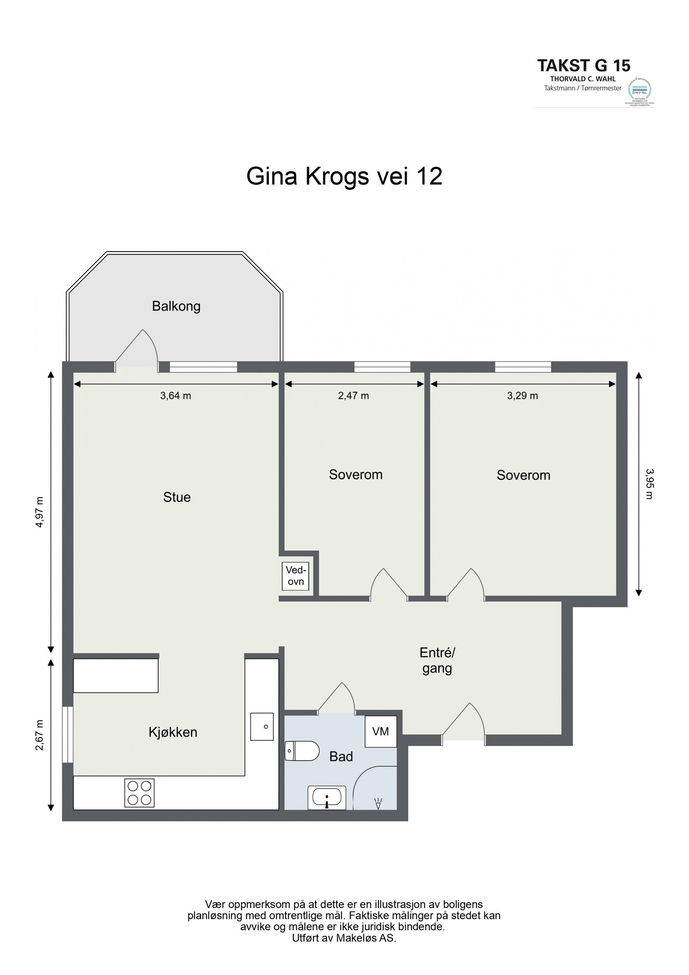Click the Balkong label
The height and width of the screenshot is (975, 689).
pos(176,306)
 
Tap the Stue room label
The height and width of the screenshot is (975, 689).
pos(177,497)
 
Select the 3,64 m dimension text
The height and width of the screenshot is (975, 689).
pos(176,396)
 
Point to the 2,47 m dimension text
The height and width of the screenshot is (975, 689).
pos(354,396)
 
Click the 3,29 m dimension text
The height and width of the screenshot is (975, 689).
pos(522,396)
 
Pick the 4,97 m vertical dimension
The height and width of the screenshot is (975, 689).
pos(40,512)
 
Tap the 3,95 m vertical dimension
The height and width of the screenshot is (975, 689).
pos(649,484)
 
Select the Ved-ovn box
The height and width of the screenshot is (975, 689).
pos(295,576)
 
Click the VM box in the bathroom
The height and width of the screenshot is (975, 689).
pos(381,731)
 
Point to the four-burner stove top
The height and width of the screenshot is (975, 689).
pos(140,793)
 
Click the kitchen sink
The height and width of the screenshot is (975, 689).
pos(262,726)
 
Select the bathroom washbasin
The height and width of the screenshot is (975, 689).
pos(327,797)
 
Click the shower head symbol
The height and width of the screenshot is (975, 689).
pos(379,803)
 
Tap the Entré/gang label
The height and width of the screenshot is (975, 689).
pos(437,660)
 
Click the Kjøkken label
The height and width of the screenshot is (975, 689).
pos(173,732)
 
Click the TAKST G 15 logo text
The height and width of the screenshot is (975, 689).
pos(583,65)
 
